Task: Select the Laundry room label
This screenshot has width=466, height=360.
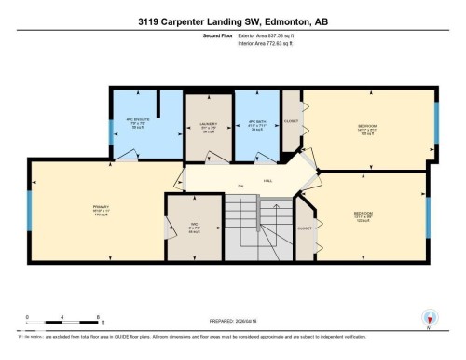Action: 208,126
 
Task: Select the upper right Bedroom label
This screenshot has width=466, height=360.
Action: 368,126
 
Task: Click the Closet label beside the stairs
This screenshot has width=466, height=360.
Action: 303,228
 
